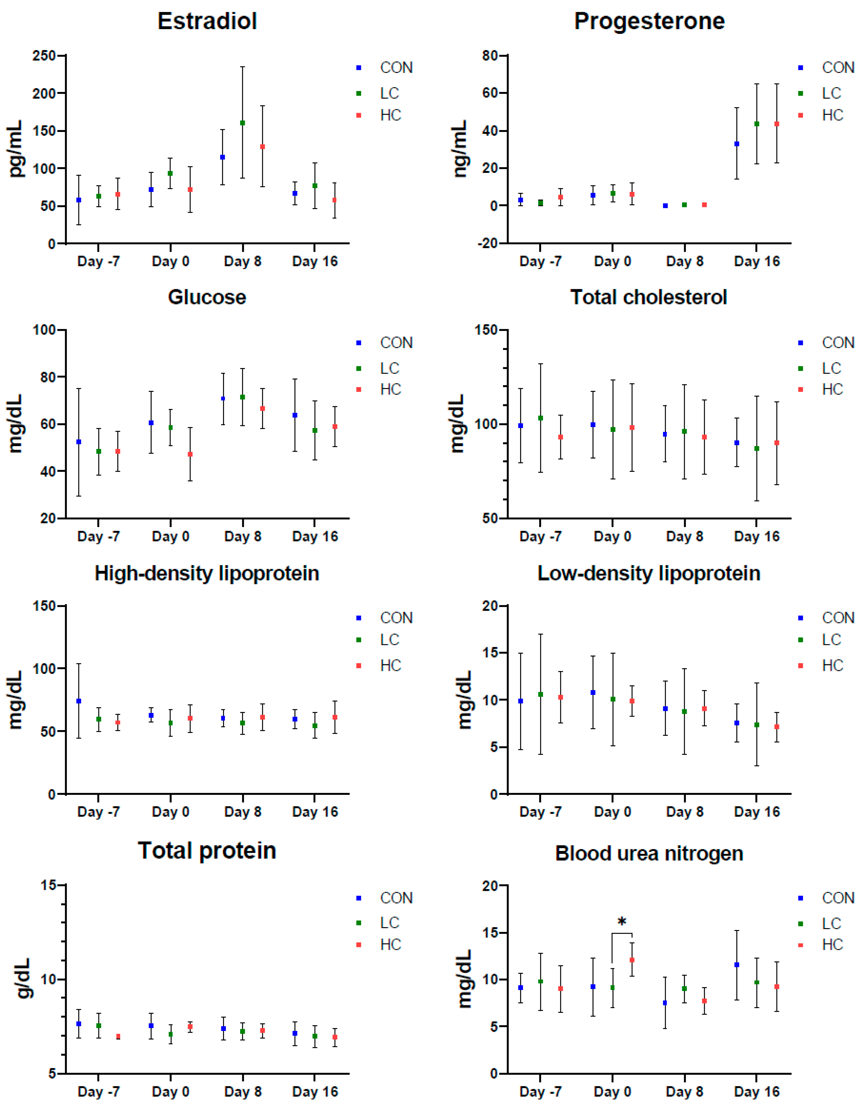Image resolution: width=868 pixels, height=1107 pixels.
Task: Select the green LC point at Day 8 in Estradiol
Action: (x=242, y=123)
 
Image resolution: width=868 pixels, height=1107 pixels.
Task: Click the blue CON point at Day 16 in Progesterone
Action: (x=737, y=144)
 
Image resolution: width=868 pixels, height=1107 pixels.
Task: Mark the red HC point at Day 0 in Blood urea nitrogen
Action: (x=632, y=960)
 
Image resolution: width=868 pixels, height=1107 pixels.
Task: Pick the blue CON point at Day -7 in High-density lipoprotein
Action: (x=79, y=701)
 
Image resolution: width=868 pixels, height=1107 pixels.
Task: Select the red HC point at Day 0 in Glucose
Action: (x=190, y=454)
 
